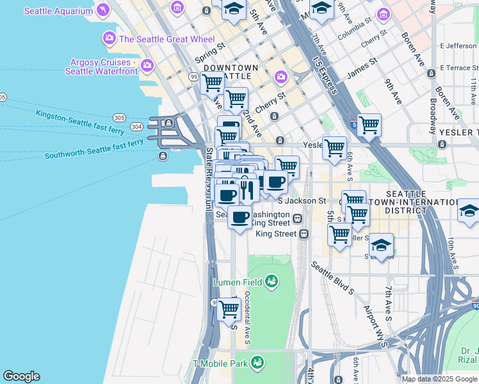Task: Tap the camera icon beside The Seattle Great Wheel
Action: (108, 39)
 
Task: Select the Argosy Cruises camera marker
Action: (148, 65)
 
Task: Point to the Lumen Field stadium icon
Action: (272, 282)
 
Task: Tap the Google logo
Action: (21, 376)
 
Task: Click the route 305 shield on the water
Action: (119, 118)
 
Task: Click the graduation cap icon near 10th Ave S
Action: (469, 211)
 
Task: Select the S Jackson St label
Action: (302, 200)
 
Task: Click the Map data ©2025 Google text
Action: (439, 379)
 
